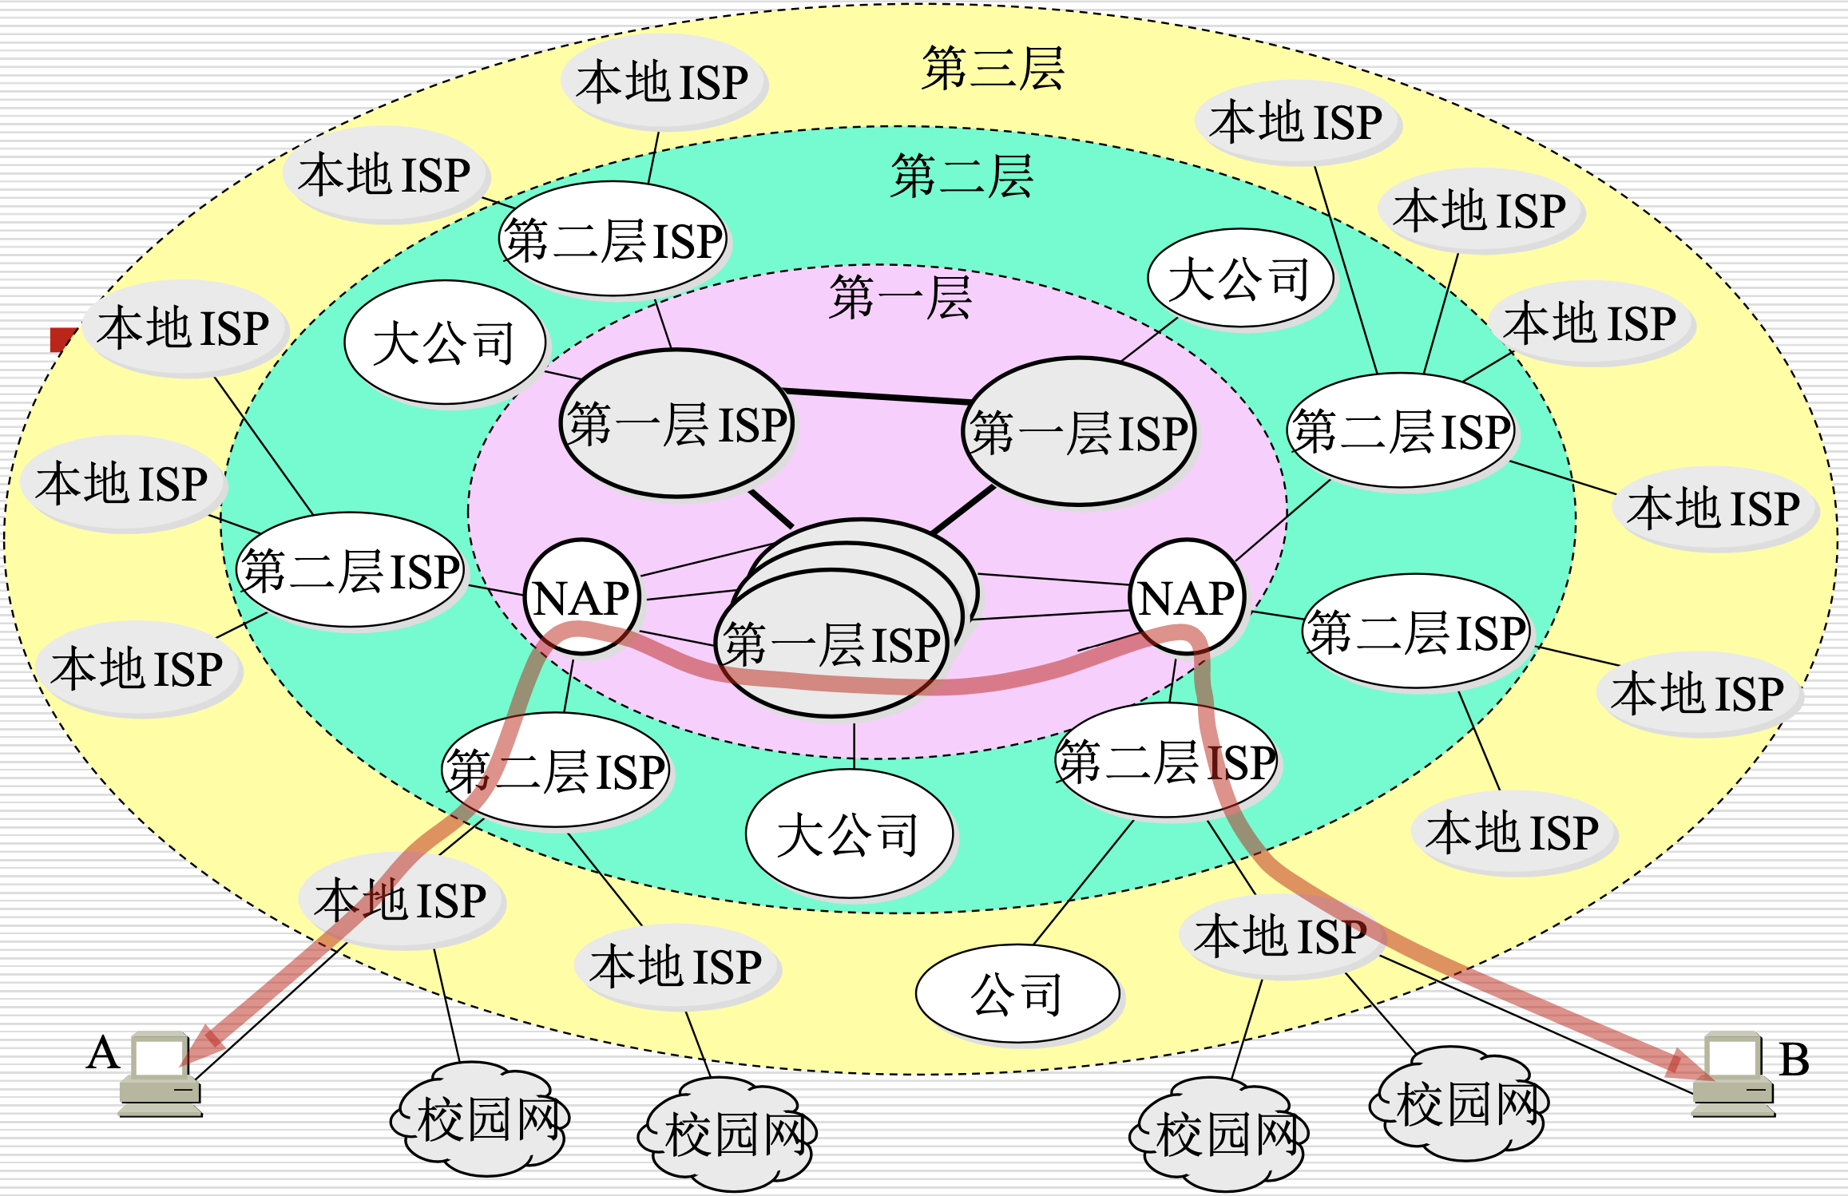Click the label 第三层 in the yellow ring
click(x=993, y=69)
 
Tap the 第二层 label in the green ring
click(x=962, y=176)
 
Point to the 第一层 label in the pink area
click(x=900, y=298)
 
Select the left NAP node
click(x=581, y=597)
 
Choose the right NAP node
click(x=1188, y=597)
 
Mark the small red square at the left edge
click(x=61, y=340)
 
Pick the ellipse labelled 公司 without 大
click(x=1017, y=994)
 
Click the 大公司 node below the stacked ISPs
click(x=848, y=835)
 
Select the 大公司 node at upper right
click(x=1239, y=279)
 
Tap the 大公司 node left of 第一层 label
click(x=445, y=343)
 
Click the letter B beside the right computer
click(x=1794, y=1060)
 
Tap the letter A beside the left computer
click(x=103, y=1052)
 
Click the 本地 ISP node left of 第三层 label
click(x=663, y=82)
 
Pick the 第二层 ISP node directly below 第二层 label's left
click(x=613, y=240)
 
